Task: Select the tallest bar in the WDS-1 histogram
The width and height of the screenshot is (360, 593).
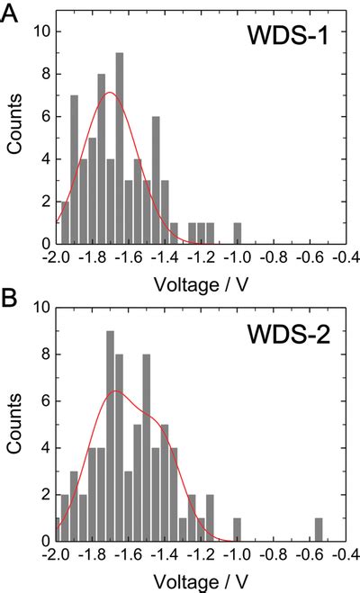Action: click(119, 148)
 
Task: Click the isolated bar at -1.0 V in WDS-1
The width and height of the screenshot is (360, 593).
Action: click(238, 234)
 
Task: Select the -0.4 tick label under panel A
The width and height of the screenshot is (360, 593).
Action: click(344, 257)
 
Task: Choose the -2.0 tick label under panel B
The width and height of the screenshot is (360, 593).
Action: click(56, 555)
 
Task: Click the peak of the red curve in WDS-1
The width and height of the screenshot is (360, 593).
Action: click(110, 93)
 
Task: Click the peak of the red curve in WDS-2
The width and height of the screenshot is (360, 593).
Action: click(114, 391)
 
